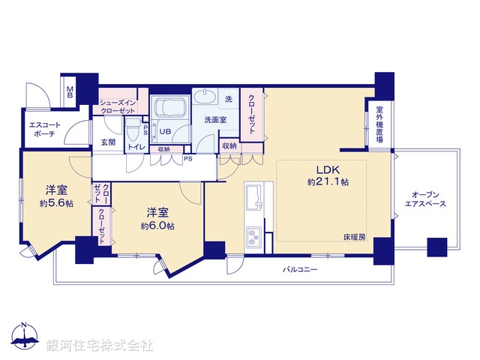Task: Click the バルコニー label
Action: point(299,268)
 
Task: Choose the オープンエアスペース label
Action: point(425,198)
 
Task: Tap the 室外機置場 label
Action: point(379,124)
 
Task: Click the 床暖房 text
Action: point(354,238)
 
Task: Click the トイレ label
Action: point(136,147)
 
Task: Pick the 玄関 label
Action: point(107,142)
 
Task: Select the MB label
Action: point(70,94)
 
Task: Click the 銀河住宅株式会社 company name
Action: point(100,346)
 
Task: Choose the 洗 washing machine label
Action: point(229,98)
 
